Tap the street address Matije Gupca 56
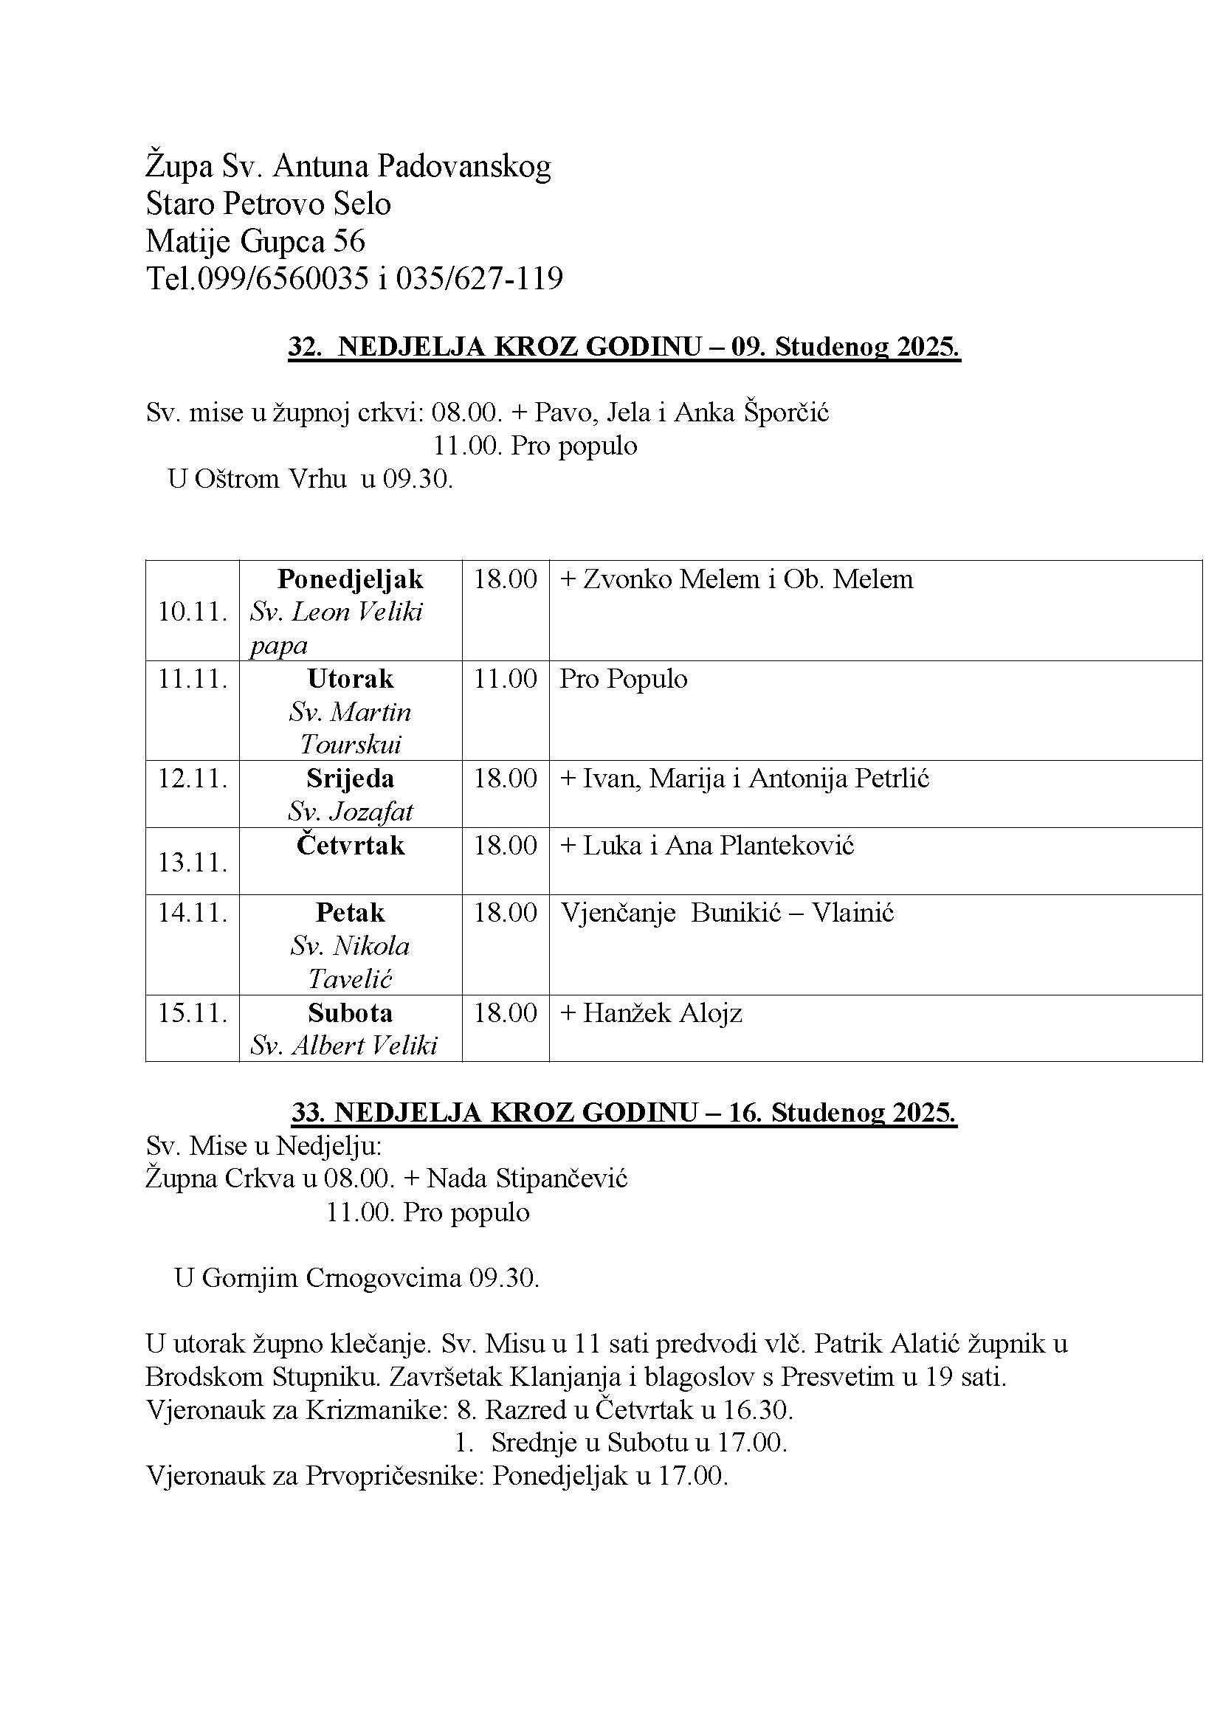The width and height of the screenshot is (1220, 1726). point(255,241)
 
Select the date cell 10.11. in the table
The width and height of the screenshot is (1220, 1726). point(193,612)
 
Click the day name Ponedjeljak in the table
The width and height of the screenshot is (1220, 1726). point(351,579)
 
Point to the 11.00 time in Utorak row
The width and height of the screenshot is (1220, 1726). point(505,679)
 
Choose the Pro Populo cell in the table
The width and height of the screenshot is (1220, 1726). point(623,679)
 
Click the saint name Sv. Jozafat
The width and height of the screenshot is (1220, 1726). point(351,811)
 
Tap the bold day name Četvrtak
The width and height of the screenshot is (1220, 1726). point(351,846)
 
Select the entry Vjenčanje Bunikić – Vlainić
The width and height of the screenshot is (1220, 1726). point(727,913)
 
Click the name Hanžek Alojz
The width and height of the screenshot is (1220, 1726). point(662,1012)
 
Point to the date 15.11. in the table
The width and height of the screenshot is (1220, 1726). point(193,1012)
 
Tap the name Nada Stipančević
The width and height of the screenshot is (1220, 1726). point(527,1178)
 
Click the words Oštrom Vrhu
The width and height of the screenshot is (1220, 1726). point(271,478)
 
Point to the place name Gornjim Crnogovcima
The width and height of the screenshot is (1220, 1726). point(331,1277)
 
